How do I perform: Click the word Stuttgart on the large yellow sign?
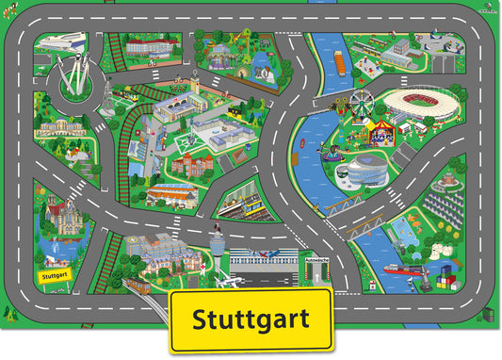coord(251,319)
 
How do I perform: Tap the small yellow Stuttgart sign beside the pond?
coord(56,275)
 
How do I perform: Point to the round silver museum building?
coord(361,172)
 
